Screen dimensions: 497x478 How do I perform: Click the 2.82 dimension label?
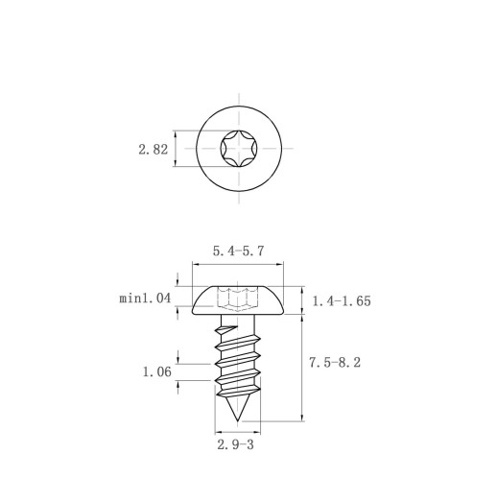coord(153,150)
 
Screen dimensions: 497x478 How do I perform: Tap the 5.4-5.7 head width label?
coord(239,251)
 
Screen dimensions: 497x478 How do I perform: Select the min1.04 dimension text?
coord(145,299)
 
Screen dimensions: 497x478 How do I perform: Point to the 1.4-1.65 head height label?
coord(342,301)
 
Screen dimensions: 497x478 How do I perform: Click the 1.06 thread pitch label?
coord(156,371)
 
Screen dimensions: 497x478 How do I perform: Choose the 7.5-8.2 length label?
coord(335,363)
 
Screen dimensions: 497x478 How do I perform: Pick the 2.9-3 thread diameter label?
coord(235,444)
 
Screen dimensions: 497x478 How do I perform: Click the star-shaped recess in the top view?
coord(239,149)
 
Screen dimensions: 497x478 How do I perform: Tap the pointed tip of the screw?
coord(237,419)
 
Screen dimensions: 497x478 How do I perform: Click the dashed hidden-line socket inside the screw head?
coord(237,299)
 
